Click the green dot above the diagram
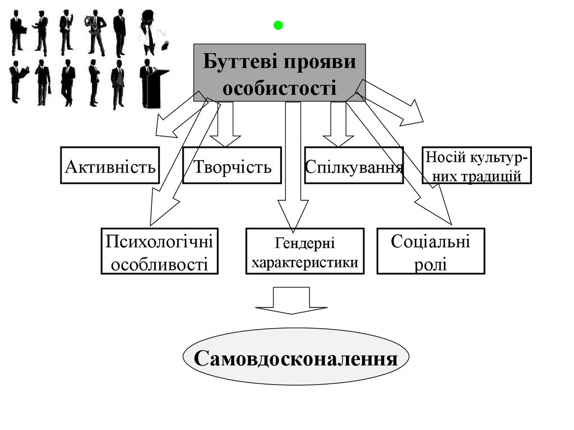pos(279,25)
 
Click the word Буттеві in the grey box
pos(235,60)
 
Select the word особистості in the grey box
pos(280,88)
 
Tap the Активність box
pos(110,165)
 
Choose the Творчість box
pos(232,165)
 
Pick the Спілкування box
pos(354,165)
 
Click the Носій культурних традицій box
pos(476,165)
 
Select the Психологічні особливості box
pos(160,251)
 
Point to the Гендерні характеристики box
pos(304,251)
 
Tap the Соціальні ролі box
pos(430,251)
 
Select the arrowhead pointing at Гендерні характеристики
pos(293,213)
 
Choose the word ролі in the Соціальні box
pos(430,263)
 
